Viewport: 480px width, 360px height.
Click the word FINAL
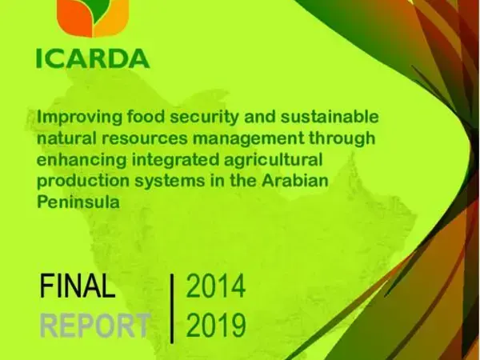(x=78, y=286)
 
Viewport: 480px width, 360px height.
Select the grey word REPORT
(x=94, y=326)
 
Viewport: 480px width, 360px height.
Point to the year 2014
(x=215, y=286)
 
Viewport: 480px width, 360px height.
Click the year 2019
(x=215, y=326)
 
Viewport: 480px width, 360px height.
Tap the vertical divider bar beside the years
(x=172, y=306)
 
